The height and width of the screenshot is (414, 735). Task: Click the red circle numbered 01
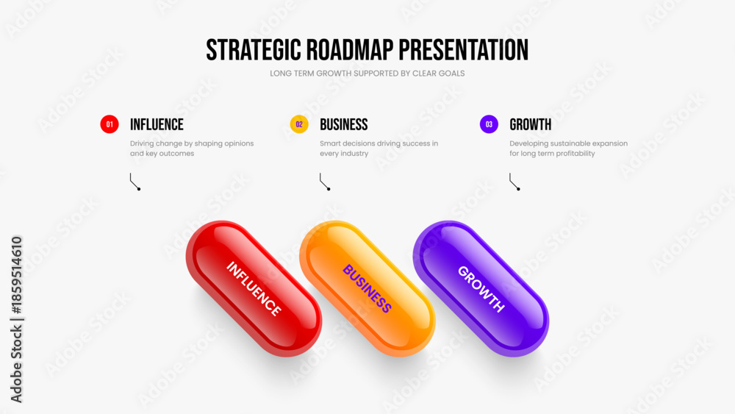(x=110, y=124)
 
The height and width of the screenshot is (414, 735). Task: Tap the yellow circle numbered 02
(x=299, y=124)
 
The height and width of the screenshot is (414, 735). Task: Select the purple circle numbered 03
(x=489, y=124)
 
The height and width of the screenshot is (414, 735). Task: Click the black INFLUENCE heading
(x=157, y=124)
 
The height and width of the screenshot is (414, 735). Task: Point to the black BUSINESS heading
(x=343, y=124)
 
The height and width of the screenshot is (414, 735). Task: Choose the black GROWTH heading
(x=530, y=124)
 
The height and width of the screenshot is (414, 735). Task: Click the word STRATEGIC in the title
(x=254, y=50)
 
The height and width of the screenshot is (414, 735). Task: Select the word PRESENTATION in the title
(x=464, y=50)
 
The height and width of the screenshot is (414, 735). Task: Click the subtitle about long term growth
(x=367, y=74)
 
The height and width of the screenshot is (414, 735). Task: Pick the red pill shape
(x=254, y=288)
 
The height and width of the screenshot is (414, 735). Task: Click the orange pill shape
(x=367, y=288)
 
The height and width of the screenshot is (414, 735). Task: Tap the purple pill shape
(x=481, y=288)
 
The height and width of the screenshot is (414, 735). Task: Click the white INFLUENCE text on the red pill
(x=254, y=288)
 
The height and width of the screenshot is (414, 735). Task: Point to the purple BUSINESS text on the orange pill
(x=367, y=288)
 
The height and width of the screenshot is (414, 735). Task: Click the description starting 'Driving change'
(x=192, y=148)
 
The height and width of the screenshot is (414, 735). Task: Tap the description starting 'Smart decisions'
(x=379, y=148)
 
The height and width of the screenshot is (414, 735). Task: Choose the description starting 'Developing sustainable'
(x=569, y=148)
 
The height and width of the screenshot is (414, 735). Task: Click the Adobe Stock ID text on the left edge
(x=16, y=319)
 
